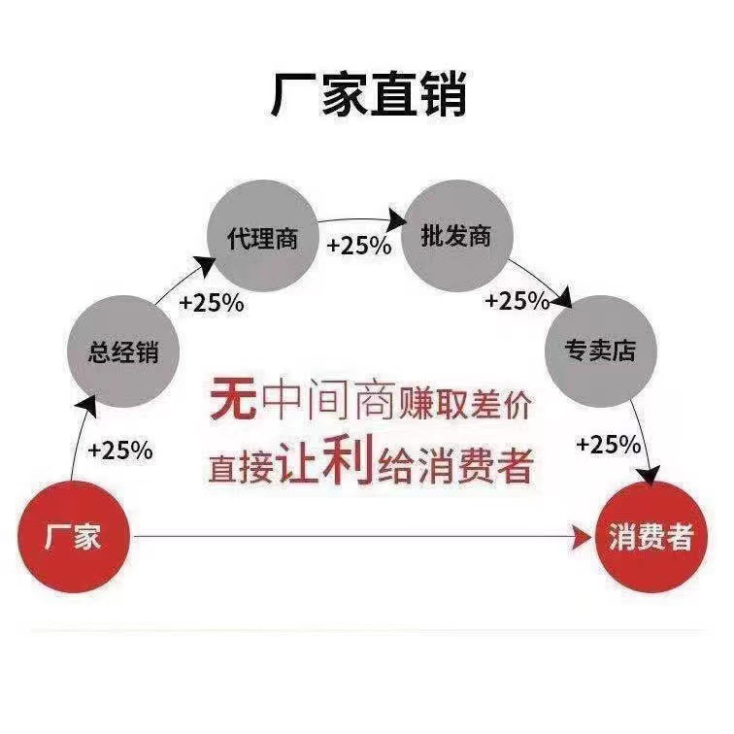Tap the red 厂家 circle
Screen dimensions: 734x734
74,536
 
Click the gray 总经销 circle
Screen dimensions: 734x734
122,351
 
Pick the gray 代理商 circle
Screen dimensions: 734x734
262,237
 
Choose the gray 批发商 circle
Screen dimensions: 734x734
456,237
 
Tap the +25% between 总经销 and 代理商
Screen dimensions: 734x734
212,302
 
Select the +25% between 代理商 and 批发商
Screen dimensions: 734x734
359,246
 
